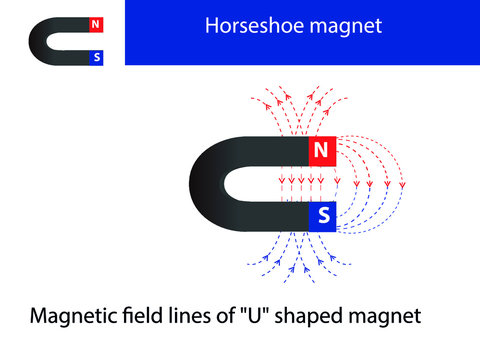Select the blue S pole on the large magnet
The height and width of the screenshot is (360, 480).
click(322, 215)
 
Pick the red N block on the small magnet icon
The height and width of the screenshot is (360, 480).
click(95, 24)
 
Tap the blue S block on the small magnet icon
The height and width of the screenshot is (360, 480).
click(95, 57)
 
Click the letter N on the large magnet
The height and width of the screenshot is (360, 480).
click(320, 151)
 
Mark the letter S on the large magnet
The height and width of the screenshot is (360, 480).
click(323, 215)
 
